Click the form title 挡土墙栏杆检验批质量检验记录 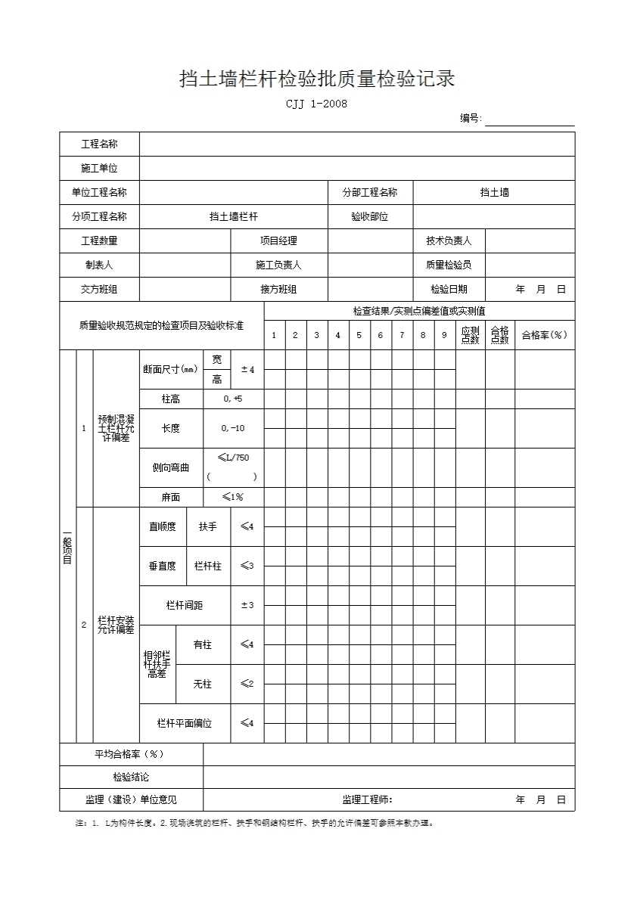316,79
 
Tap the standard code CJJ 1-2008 316,104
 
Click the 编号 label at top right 471,118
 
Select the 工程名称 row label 99,144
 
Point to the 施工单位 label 99,168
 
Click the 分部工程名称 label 369,192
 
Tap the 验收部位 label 369,216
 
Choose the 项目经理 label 278,241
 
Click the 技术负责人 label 448,241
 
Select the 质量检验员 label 448,265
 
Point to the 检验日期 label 448,289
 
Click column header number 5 359,335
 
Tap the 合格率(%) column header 544,335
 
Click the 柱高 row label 171,399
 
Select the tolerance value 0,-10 233,428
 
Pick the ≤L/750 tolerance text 233,458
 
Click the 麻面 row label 171,497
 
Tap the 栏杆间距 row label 185,605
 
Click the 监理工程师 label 368,799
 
